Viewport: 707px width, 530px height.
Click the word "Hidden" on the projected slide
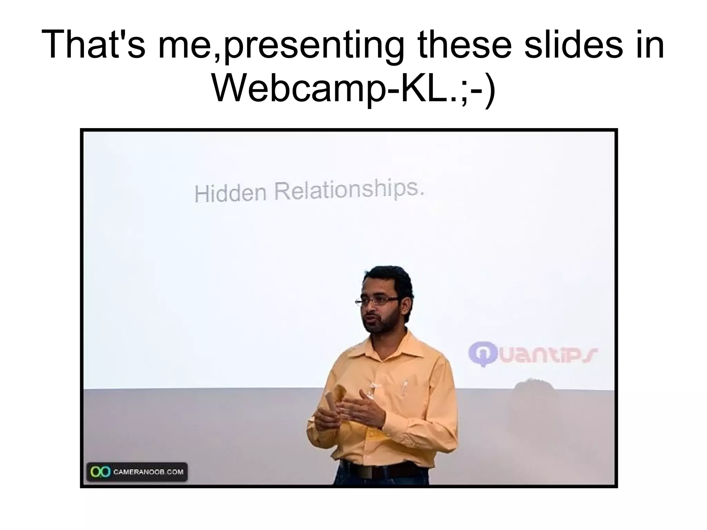(230, 193)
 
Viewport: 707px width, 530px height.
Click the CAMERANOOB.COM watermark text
(148, 472)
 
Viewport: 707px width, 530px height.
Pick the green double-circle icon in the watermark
(100, 472)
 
